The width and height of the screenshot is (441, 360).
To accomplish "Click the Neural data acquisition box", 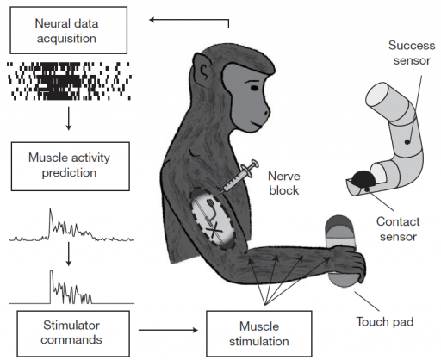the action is click(69, 30).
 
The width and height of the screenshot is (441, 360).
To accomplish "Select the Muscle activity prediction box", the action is click(71, 166).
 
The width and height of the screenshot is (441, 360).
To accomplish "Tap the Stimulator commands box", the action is click(73, 333).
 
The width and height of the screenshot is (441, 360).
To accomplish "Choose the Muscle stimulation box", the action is click(259, 333).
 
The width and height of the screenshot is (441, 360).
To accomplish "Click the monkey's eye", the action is click(254, 88).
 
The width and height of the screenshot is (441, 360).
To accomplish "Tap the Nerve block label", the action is click(284, 183).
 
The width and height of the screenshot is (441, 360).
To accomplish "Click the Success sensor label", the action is click(412, 53).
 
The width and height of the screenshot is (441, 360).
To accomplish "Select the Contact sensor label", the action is click(398, 229).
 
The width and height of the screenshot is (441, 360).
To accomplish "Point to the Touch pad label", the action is click(385, 322).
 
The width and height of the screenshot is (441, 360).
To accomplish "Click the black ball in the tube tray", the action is click(363, 179).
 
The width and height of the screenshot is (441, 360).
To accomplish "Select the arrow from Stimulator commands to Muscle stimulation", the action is click(168, 330).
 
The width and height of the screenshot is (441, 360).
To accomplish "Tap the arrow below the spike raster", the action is click(68, 119).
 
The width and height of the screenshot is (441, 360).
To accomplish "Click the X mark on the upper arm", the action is click(214, 229).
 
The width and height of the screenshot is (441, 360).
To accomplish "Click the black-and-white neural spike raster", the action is click(69, 81).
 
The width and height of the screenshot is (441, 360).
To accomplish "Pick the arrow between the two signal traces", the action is click(68, 254).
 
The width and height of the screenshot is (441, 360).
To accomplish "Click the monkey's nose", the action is click(266, 110).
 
